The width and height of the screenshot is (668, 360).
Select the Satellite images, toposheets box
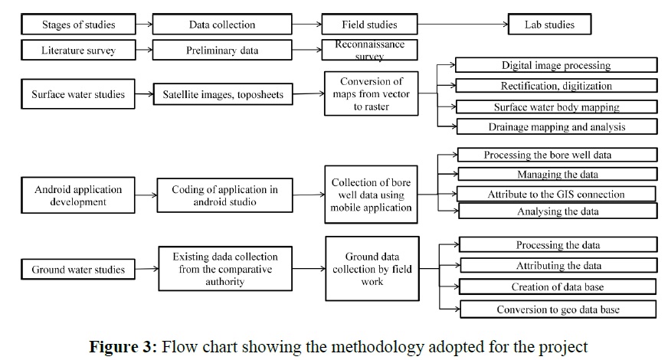pyautogui.click(x=222, y=96)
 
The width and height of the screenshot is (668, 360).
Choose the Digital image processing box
pyautogui.click(x=556, y=66)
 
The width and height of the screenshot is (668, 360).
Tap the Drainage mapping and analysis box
pyautogui.click(x=556, y=126)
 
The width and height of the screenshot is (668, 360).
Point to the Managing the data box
pyautogui.click(x=557, y=174)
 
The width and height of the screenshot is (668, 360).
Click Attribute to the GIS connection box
pyautogui.click(x=556, y=194)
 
